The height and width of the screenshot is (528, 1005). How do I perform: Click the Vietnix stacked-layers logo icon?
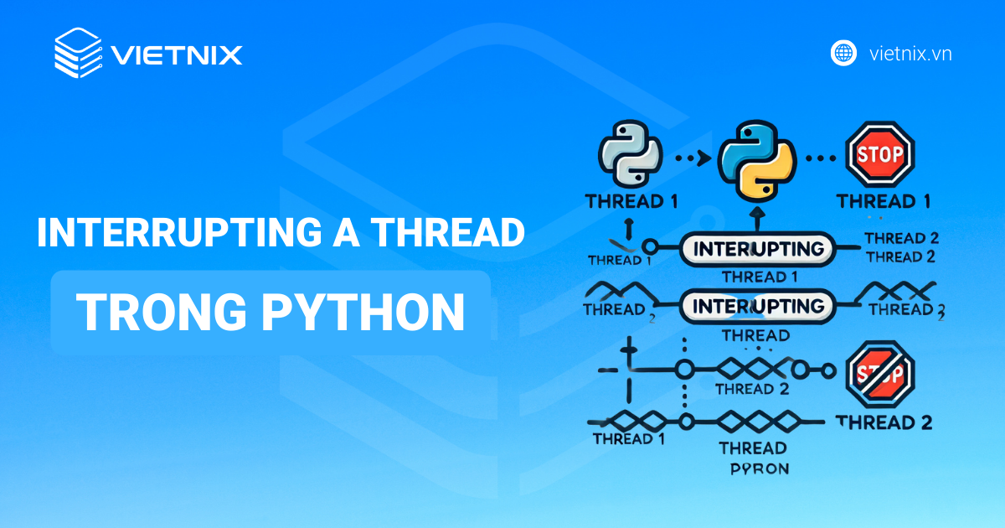click(78, 54)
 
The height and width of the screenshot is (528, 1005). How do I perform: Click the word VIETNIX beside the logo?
click(177, 55)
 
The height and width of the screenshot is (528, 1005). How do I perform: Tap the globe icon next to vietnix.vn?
click(843, 53)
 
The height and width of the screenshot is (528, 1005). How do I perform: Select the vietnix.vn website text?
click(910, 54)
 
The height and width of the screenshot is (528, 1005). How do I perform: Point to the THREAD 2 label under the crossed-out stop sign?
click(884, 422)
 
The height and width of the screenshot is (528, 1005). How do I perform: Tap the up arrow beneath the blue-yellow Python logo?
click(756, 220)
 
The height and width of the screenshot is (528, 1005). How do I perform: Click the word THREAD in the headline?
click(453, 232)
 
